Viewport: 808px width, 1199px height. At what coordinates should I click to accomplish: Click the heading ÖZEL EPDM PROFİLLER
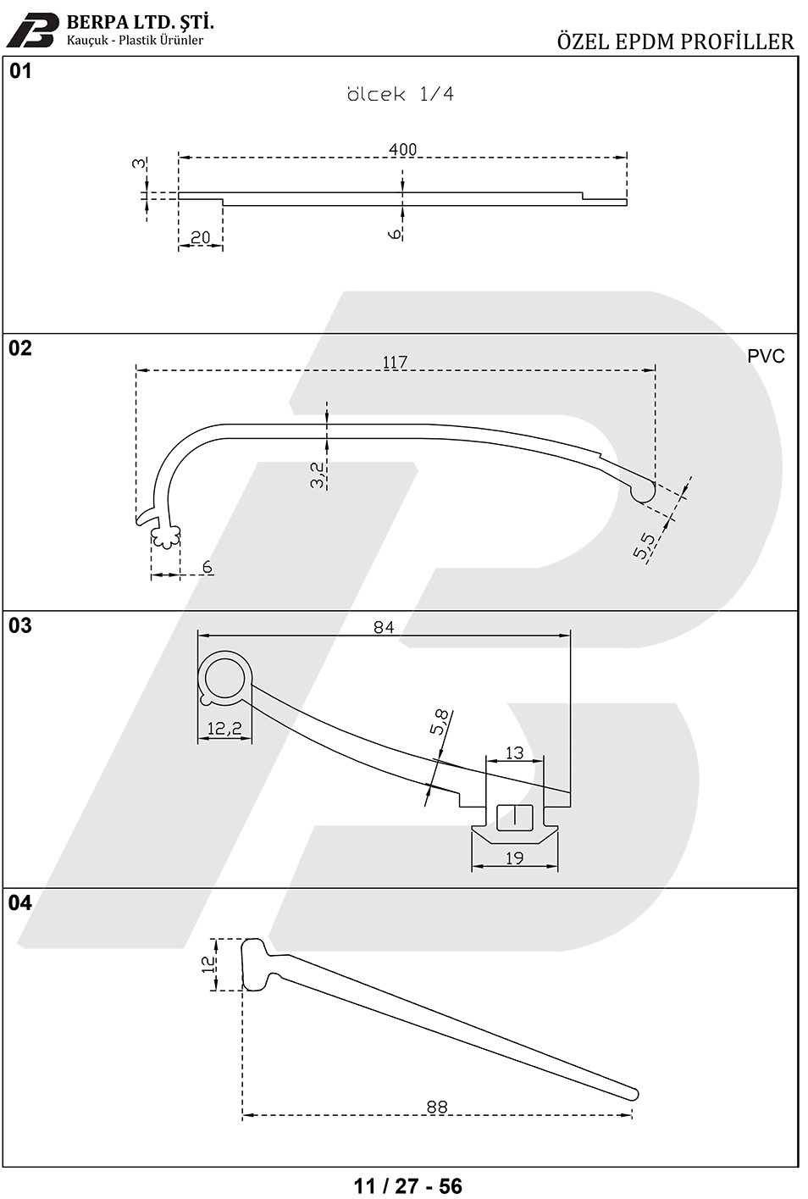(675, 42)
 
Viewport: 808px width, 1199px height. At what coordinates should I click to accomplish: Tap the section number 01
(20, 71)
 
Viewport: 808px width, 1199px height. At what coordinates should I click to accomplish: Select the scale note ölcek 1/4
(401, 94)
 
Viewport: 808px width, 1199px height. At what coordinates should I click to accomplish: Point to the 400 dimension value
(402, 149)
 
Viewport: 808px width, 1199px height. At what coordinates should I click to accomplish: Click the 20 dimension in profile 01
(200, 237)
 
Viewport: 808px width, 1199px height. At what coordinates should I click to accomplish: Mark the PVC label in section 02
(766, 356)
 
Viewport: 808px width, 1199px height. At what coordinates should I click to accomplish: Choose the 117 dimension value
(395, 363)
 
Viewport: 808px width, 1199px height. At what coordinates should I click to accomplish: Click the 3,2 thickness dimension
(317, 475)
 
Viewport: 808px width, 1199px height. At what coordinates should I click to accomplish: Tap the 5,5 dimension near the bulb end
(644, 546)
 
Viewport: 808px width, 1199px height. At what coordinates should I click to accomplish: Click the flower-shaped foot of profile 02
(165, 536)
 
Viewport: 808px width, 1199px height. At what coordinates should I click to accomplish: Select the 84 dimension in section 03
(384, 627)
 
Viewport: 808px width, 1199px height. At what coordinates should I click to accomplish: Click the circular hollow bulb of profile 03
(224, 678)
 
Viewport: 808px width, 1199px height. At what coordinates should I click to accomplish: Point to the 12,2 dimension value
(224, 728)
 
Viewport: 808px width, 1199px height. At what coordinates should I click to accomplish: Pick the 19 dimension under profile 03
(514, 858)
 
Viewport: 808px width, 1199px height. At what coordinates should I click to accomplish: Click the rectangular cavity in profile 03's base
(515, 817)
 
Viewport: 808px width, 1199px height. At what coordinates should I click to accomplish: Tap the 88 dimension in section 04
(437, 1107)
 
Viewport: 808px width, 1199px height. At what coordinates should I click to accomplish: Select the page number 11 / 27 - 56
(407, 1185)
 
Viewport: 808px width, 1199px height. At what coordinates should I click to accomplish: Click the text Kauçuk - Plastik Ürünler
(135, 40)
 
